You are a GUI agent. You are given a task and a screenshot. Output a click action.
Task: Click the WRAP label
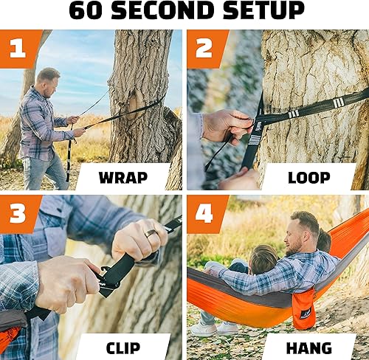coord(122,178)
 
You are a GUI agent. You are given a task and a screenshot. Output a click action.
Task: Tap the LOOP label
coord(308,178)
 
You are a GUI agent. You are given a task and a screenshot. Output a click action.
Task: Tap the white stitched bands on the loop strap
coord(293,113)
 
